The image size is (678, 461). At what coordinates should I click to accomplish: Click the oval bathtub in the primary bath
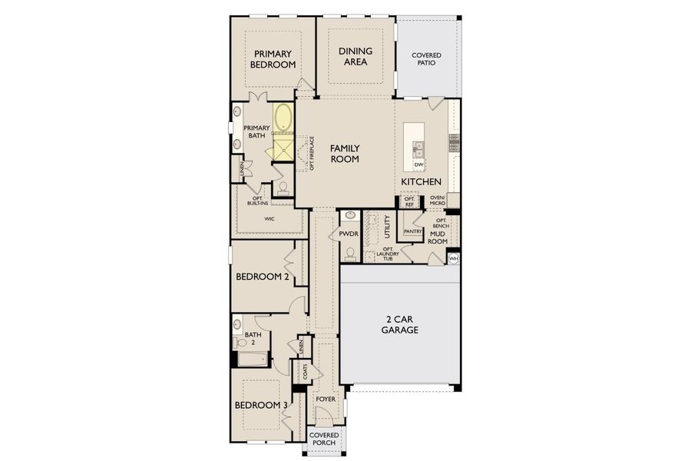tap(283, 119)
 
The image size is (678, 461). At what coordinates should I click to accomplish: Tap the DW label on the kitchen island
tap(418, 165)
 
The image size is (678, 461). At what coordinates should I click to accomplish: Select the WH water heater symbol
tap(453, 259)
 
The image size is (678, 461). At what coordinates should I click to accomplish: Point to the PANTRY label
tap(413, 230)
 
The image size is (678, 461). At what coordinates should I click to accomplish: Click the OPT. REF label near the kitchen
tap(409, 201)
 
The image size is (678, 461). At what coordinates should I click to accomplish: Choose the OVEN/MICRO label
tap(437, 201)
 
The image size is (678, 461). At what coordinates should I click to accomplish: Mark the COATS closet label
tap(305, 372)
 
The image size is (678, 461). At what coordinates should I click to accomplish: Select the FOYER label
tap(326, 400)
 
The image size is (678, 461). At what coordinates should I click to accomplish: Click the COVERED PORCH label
tap(324, 439)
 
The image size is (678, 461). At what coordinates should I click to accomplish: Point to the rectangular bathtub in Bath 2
tap(252, 359)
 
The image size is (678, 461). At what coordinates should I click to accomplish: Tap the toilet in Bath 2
tap(237, 325)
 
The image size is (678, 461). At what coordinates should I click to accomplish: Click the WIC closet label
tap(270, 219)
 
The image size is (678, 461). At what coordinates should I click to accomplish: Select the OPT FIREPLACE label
tap(312, 153)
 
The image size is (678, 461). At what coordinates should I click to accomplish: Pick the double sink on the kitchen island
tap(418, 148)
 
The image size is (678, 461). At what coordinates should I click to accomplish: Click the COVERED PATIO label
tap(426, 59)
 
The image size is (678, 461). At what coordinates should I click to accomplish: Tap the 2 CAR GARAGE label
tap(400, 323)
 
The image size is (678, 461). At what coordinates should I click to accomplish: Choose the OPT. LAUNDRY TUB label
tap(392, 254)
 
